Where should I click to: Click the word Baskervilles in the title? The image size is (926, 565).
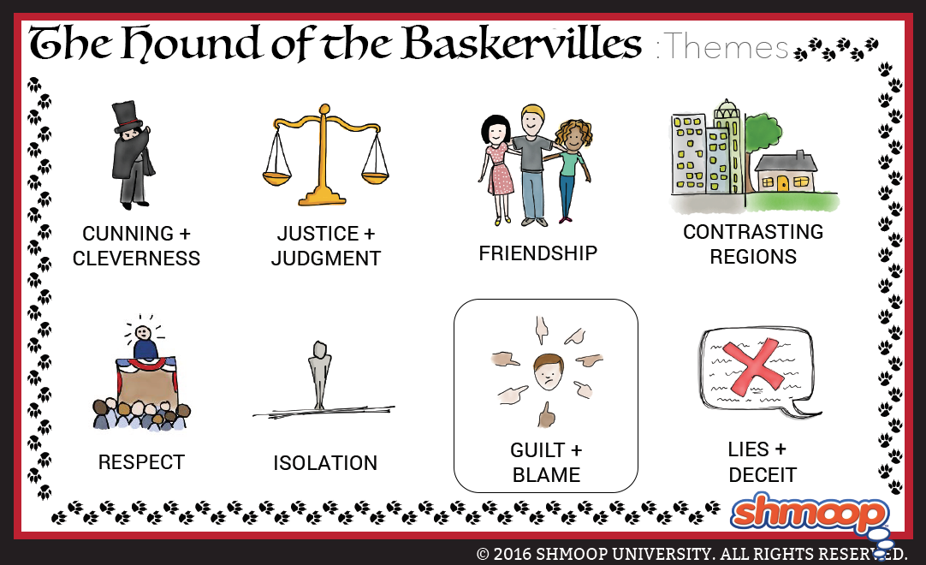point(522,43)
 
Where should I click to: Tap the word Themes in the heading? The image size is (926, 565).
point(727,46)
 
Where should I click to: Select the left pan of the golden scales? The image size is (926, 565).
point(277,175)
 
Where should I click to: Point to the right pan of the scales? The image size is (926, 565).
point(375,176)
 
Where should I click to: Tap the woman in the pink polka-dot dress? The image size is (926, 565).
point(496,169)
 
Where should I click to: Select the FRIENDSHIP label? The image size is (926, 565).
point(538,253)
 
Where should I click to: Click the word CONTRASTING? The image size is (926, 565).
point(753,232)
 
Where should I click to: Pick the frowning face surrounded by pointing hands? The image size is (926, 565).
point(549,372)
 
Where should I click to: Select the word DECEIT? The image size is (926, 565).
point(763,474)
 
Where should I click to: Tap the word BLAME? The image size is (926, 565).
point(546,474)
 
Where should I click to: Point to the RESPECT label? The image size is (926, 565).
point(141,461)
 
